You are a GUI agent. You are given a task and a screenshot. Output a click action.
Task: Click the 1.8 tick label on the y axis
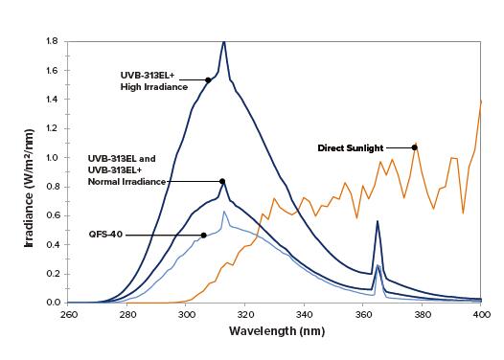(54, 41)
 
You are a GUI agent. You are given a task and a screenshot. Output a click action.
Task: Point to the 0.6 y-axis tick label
(54, 215)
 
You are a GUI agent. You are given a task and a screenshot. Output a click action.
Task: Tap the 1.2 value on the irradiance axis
(54, 128)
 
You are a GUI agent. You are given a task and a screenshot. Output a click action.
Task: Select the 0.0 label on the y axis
(54, 303)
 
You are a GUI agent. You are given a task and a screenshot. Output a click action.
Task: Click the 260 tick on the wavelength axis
(68, 314)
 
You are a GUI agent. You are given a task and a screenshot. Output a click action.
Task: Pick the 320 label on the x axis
(245, 314)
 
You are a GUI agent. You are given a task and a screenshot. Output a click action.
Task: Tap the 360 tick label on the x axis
(362, 314)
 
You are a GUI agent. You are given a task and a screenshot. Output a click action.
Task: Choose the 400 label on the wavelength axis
(481, 314)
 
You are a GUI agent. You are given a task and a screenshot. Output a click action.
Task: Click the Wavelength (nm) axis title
(277, 330)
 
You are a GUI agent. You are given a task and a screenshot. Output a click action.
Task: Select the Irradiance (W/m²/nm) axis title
(29, 188)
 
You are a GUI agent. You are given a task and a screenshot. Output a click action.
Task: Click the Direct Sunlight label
(351, 148)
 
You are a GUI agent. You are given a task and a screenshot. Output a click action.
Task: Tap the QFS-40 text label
(105, 235)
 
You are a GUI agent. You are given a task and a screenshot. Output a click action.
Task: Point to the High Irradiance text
(154, 87)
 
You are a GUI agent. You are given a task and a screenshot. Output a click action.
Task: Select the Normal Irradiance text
(126, 182)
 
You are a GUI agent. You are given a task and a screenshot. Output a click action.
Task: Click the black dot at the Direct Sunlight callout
(415, 147)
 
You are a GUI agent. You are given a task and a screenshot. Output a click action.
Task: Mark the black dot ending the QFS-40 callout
(203, 236)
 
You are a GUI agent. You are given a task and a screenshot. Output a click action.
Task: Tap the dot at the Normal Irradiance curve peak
(222, 182)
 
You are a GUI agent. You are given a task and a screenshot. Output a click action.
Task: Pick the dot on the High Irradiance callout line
(208, 80)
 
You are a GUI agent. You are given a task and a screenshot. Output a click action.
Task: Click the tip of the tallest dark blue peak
(224, 42)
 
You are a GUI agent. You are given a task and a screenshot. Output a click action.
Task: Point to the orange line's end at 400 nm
(481, 101)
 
